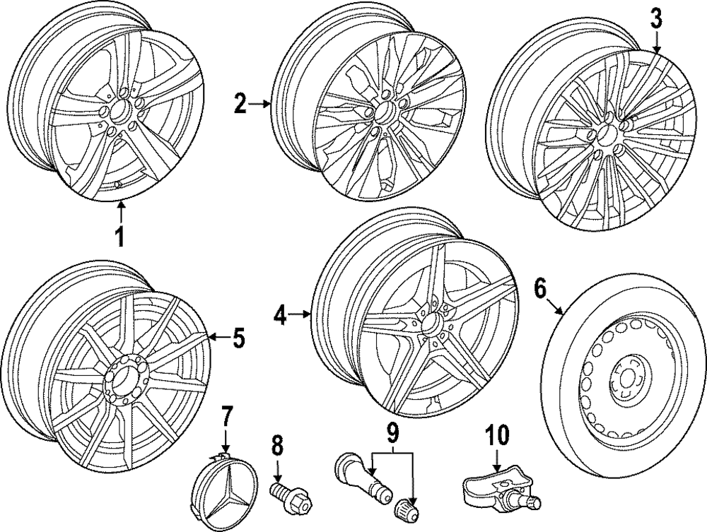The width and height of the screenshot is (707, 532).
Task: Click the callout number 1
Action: [x=120, y=237]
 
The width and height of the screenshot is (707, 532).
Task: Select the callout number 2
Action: [x=241, y=105]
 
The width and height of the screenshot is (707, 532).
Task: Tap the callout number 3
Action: [x=657, y=20]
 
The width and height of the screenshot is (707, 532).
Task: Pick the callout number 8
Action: [x=277, y=447]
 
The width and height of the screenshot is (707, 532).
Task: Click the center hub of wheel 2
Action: [x=385, y=110]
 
